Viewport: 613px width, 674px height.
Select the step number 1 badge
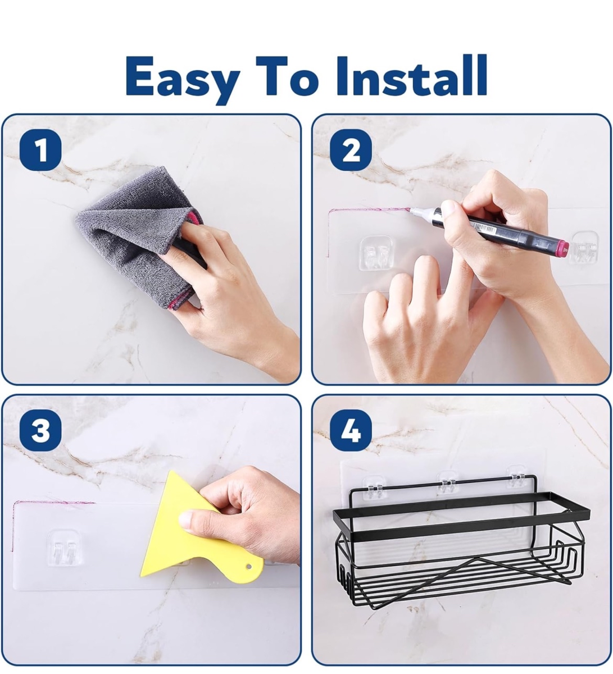pyautogui.click(x=40, y=150)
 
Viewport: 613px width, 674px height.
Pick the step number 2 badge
pyautogui.click(x=351, y=150)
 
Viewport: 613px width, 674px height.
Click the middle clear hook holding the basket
pyautogui.click(x=448, y=483)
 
